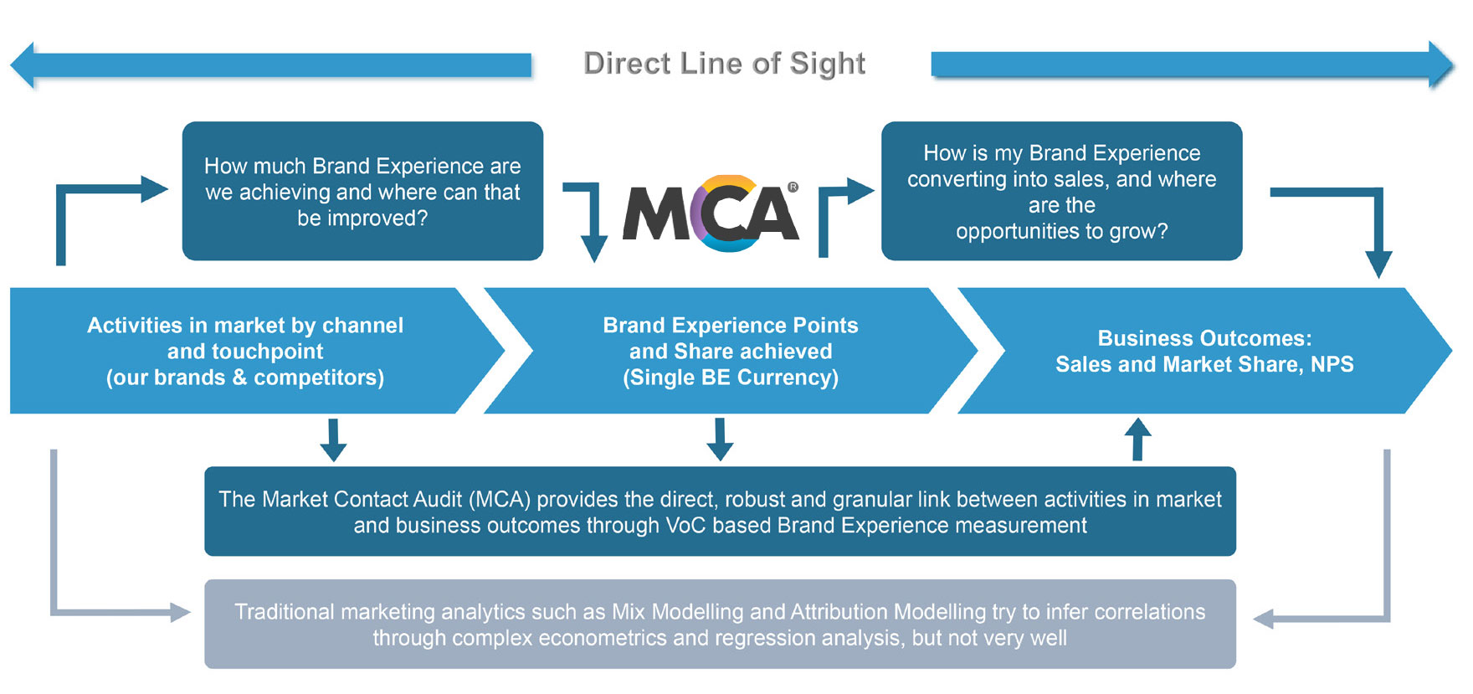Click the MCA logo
coord(711,213)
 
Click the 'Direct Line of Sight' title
coord(725,64)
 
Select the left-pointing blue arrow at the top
coord(271,65)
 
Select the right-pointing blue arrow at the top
coord(1193,65)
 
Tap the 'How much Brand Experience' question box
coord(362,191)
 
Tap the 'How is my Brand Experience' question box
coord(1061,191)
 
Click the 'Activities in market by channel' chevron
coord(257,351)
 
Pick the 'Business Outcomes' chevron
coord(1204,351)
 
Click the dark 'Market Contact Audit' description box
coord(720,512)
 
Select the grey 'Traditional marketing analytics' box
coord(720,624)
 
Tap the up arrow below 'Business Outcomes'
coord(1137,439)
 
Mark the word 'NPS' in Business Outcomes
coord(1332,364)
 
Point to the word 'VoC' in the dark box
coord(685,526)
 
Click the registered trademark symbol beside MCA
coord(793,188)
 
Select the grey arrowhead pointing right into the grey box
coord(181,613)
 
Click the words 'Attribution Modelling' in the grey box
coord(889,612)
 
